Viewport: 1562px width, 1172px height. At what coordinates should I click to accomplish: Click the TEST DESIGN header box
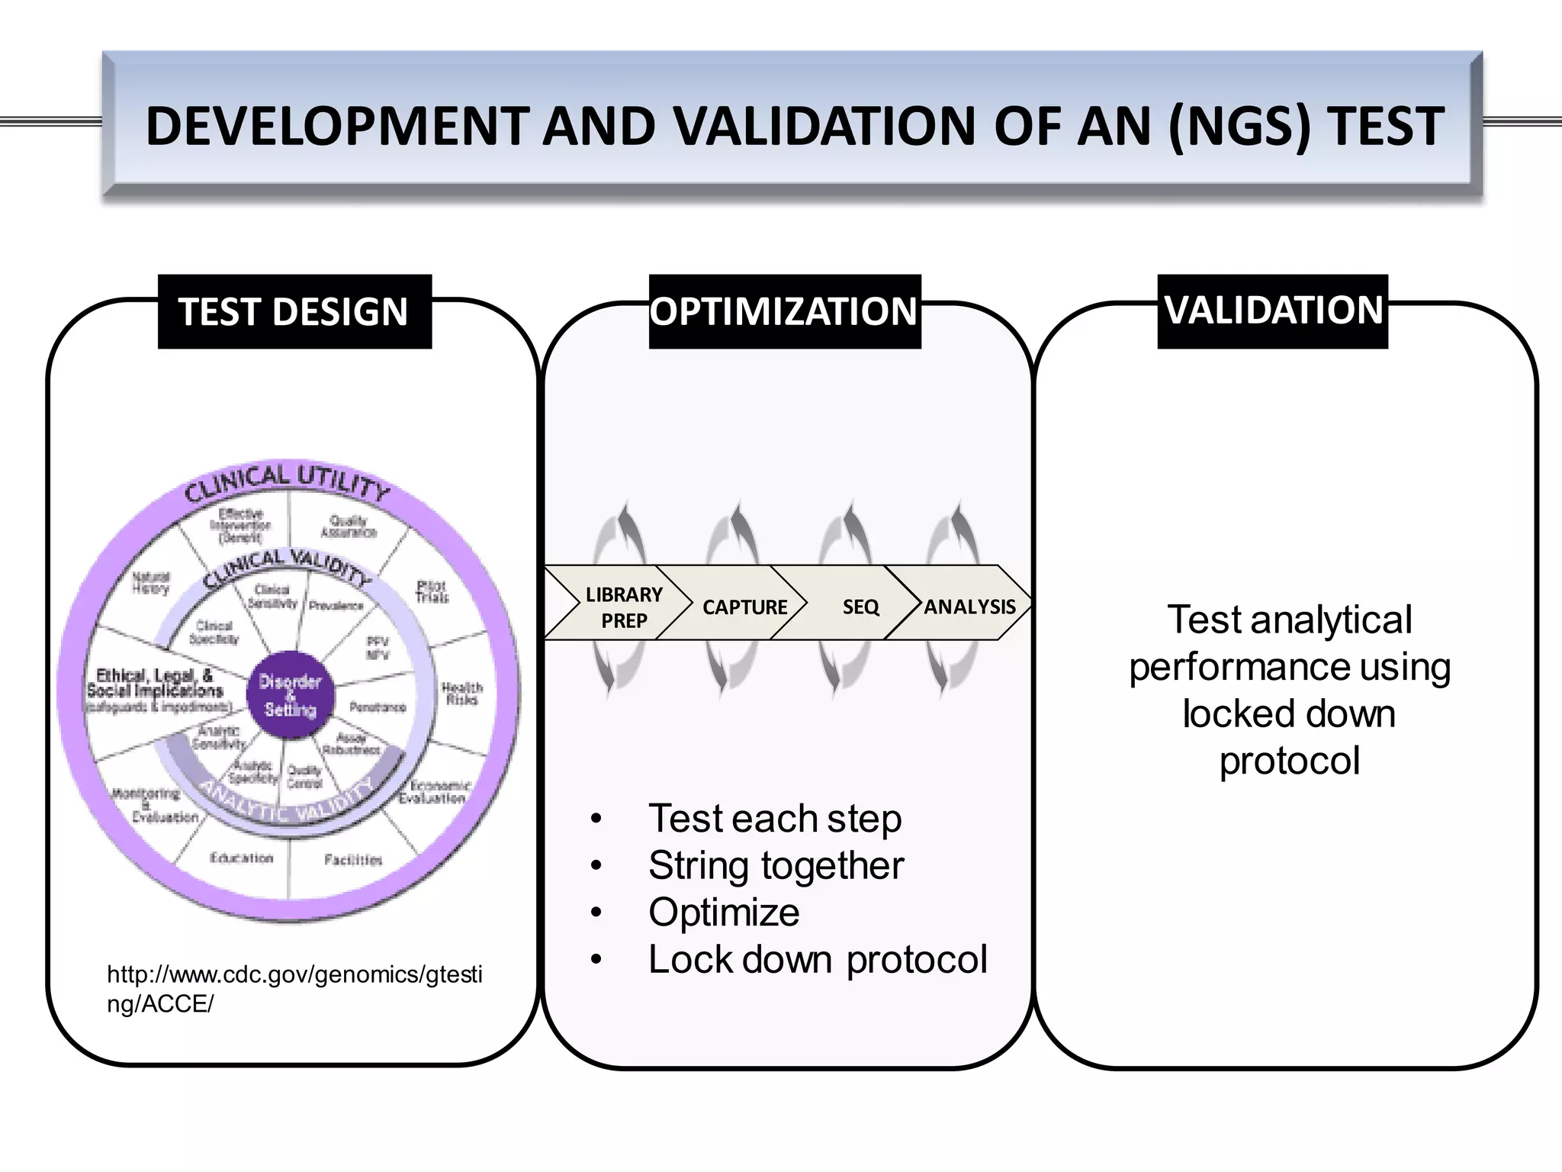[294, 312]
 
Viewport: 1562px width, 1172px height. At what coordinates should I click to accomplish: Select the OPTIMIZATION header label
[784, 312]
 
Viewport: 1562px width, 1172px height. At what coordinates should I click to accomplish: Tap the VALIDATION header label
[1272, 311]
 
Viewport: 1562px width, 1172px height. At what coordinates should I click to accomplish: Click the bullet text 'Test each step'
[774, 819]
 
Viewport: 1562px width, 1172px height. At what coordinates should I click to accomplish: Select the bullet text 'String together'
[776, 866]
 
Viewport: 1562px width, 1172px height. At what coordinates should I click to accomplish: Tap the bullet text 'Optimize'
[723, 913]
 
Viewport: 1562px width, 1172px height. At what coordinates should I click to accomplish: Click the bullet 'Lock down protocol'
[817, 960]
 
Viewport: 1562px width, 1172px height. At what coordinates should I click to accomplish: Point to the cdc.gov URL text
[294, 989]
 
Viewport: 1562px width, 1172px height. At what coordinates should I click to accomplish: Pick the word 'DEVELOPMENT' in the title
[337, 126]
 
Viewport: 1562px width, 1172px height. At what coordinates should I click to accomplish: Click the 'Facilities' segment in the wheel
[352, 860]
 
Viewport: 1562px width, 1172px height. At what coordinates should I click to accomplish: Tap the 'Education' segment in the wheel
[241, 858]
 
